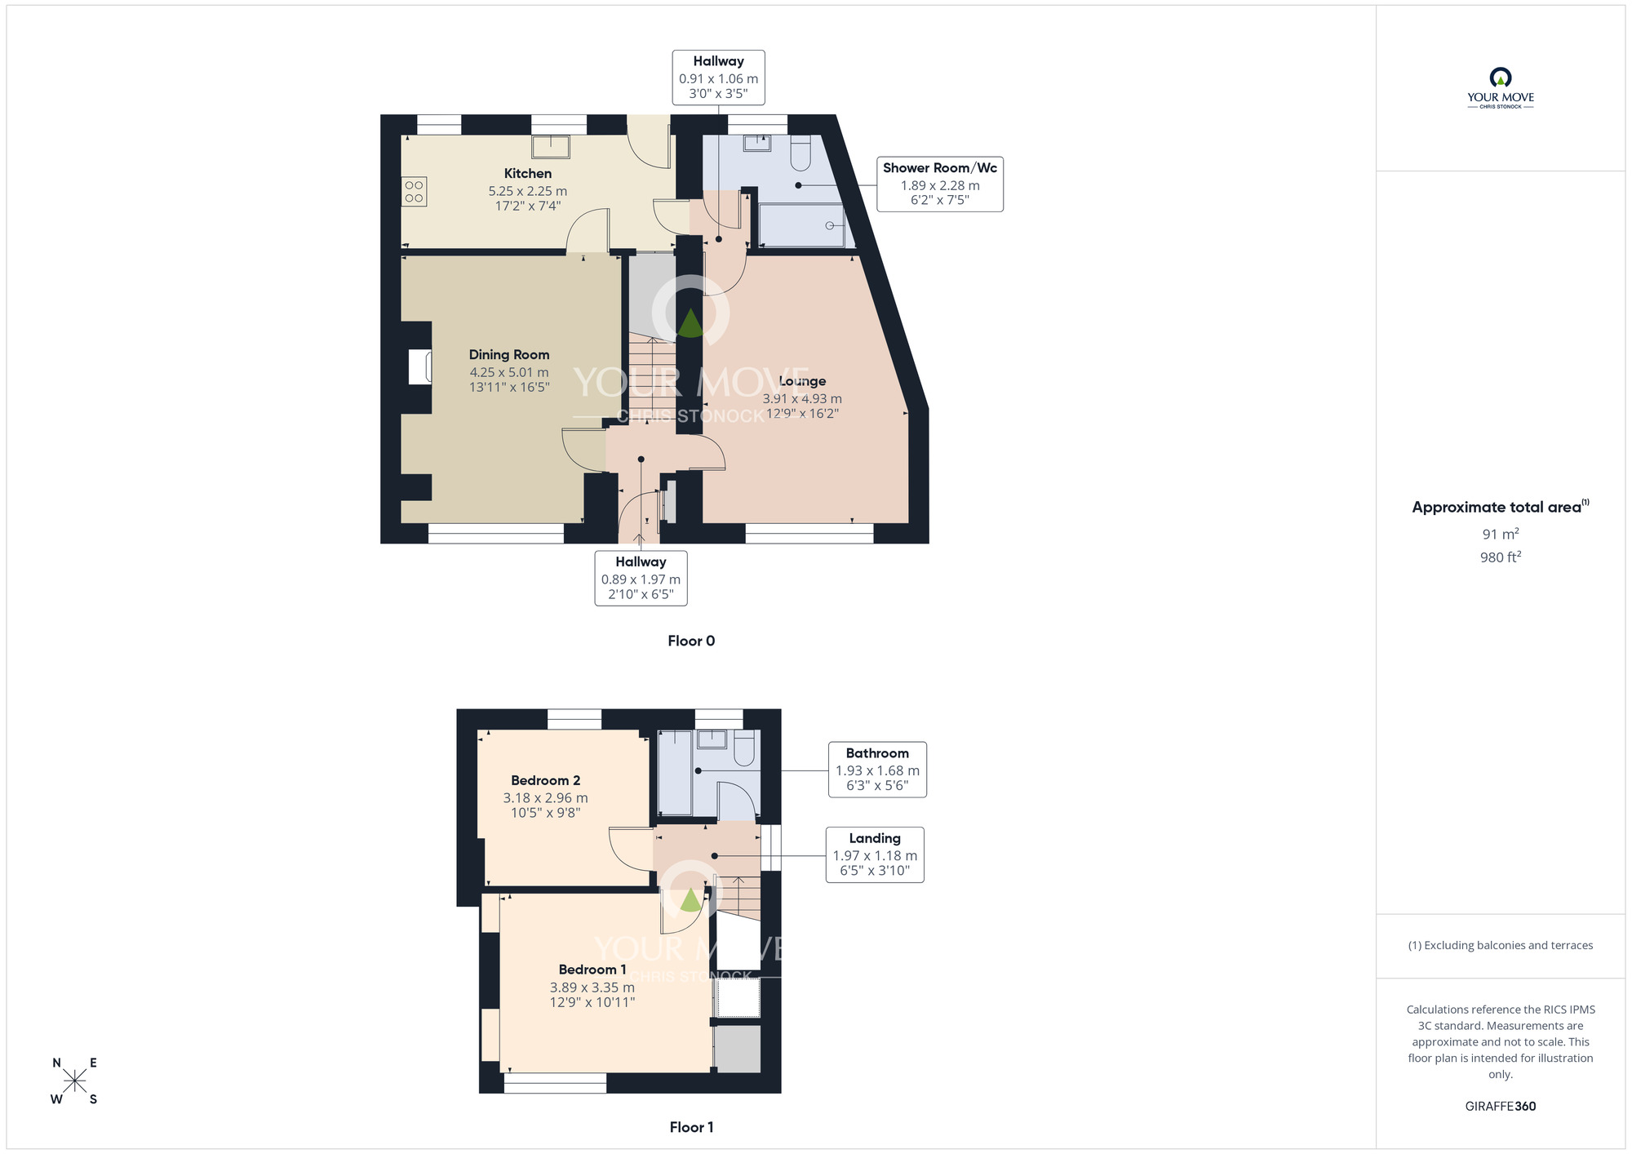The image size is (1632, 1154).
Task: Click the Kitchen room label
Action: (x=527, y=173)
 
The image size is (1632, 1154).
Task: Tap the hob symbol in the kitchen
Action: (x=414, y=192)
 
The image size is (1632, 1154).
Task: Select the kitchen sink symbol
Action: (x=551, y=147)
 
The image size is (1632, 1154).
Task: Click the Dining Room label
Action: (x=508, y=354)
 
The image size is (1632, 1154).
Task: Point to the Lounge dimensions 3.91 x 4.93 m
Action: (x=801, y=399)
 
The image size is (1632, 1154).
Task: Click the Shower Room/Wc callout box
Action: (x=939, y=184)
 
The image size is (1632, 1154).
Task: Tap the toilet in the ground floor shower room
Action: (x=799, y=153)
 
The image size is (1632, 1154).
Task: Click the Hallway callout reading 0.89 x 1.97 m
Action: (x=641, y=579)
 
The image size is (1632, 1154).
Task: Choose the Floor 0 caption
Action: (x=691, y=641)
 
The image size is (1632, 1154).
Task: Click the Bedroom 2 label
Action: (x=545, y=780)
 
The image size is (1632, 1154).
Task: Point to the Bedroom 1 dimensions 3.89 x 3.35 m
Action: (x=592, y=988)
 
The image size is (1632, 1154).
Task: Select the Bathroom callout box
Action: (x=876, y=770)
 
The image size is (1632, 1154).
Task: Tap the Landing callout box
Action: (x=875, y=854)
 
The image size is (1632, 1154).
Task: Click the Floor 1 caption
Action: (x=691, y=1127)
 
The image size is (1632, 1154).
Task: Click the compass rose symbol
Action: (x=74, y=1081)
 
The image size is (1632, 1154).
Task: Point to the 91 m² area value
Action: (x=1500, y=535)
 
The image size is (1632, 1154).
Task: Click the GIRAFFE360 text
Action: (x=1500, y=1107)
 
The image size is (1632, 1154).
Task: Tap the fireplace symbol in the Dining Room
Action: (x=420, y=366)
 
